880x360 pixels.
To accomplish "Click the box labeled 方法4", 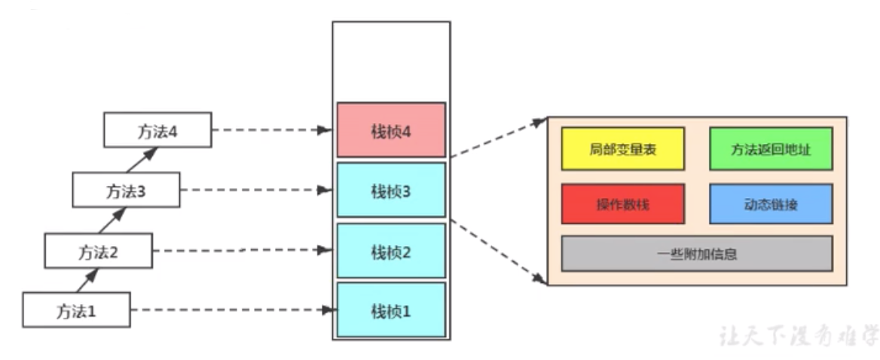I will (157, 130).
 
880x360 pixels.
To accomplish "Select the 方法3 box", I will (126, 190).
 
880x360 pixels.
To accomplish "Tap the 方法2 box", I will (98, 251).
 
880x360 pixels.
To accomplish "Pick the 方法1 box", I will (76, 310).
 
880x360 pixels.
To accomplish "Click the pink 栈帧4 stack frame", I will (391, 130).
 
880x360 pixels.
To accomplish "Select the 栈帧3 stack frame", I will (391, 191).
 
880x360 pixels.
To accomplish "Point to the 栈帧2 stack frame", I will (391, 251).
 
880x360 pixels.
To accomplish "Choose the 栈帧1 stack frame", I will (391, 310).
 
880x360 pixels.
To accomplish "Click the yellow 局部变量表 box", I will (622, 148).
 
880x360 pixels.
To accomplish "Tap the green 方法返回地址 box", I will (770, 148).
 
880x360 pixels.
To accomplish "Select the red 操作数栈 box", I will (622, 203).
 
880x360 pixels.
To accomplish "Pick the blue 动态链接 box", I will (770, 203).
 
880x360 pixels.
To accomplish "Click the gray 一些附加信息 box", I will (696, 254).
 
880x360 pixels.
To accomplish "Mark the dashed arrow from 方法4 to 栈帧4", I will (271, 130).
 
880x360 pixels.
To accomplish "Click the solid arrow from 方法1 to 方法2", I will (87, 280).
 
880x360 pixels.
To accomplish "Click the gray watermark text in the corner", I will (797, 334).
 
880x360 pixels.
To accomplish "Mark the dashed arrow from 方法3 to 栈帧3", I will (256, 190).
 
